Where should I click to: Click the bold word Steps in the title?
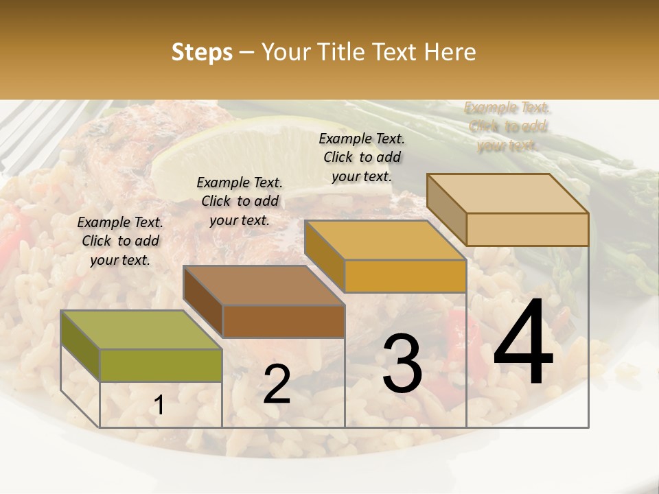click(202, 52)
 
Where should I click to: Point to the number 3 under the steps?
click(402, 364)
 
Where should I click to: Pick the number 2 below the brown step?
click(277, 384)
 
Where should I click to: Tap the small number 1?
click(159, 405)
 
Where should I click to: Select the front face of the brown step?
click(284, 321)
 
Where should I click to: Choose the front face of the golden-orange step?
click(405, 276)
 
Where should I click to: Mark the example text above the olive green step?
click(120, 241)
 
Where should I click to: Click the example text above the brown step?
click(240, 201)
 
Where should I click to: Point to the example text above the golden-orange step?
click(362, 157)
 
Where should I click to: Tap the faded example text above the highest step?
click(507, 126)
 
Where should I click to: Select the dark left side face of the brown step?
click(203, 302)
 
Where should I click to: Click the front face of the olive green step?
click(161, 365)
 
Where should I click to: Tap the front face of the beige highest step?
click(527, 229)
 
